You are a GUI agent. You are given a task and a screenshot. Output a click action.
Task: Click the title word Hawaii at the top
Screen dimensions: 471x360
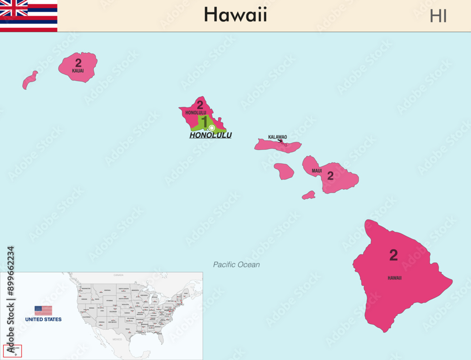(x=235, y=15)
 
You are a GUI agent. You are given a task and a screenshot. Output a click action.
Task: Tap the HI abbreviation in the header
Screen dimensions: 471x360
(x=438, y=16)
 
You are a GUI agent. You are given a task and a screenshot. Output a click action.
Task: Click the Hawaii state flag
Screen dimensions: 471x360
(x=28, y=16)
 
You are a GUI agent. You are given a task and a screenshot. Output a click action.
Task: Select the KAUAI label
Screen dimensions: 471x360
(x=78, y=71)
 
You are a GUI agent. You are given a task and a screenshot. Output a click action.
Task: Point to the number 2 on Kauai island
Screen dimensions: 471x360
(x=78, y=63)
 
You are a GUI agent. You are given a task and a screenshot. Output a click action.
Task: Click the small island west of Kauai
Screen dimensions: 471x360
(x=30, y=80)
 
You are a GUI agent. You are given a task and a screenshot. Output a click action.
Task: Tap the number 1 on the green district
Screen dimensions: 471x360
(x=204, y=122)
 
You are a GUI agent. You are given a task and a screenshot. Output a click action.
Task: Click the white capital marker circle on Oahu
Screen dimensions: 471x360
(x=211, y=128)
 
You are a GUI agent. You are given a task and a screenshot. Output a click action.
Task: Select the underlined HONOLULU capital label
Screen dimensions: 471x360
(x=211, y=135)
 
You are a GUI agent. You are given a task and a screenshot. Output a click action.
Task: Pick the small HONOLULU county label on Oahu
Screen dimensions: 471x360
(x=195, y=113)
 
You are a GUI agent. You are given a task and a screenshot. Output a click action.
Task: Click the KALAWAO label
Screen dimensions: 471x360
(x=277, y=137)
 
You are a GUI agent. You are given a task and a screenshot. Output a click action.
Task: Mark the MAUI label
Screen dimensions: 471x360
(x=317, y=171)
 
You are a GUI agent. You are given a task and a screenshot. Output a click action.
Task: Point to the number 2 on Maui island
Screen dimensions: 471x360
(x=330, y=176)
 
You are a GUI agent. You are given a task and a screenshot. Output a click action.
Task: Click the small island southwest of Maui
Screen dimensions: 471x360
(x=309, y=195)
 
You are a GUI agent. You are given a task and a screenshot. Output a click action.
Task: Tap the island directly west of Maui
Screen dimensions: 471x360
(x=284, y=171)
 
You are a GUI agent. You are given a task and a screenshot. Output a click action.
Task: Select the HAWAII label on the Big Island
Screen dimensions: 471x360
(x=395, y=278)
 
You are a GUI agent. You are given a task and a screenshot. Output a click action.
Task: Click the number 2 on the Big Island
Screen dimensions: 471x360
(x=393, y=255)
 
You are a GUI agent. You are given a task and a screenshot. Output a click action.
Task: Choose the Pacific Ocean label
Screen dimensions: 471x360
(x=236, y=265)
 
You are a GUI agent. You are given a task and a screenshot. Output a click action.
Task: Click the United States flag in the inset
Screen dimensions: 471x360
(x=43, y=311)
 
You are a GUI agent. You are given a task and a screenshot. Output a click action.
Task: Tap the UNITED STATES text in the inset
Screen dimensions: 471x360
(x=43, y=319)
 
